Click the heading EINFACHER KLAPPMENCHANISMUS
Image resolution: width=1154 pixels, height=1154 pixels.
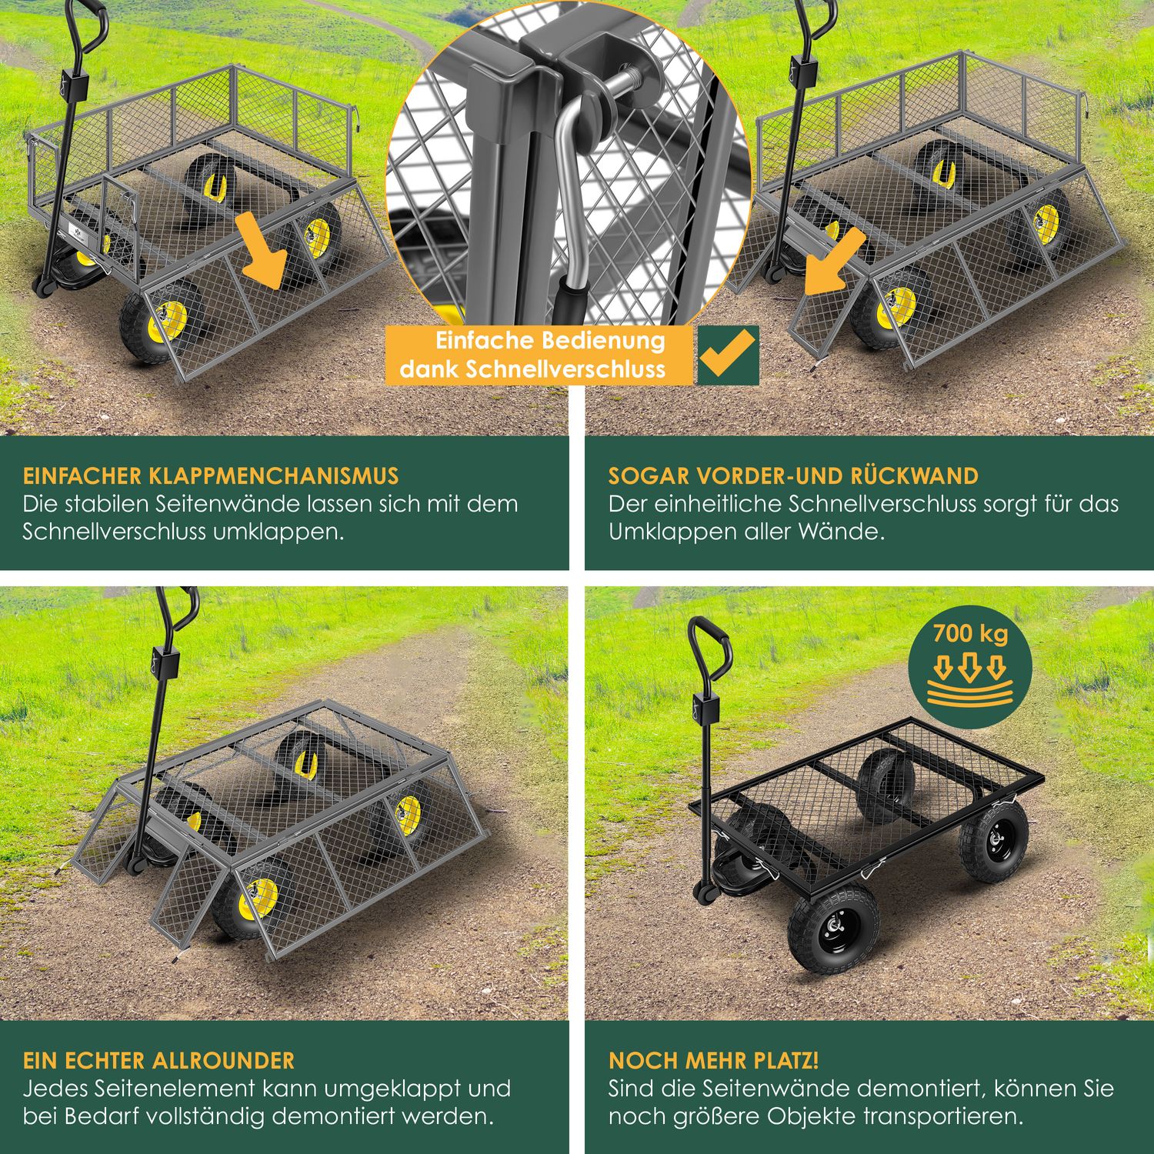click(211, 475)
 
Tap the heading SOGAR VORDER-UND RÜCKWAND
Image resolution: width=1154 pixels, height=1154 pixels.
click(793, 475)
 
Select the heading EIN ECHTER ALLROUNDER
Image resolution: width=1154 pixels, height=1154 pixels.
click(158, 1060)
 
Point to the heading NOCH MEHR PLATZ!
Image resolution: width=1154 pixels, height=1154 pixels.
click(714, 1060)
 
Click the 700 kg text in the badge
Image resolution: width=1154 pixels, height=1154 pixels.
click(970, 634)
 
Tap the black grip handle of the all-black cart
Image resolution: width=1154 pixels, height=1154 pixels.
click(709, 645)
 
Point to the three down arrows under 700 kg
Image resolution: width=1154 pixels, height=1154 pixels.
click(969, 666)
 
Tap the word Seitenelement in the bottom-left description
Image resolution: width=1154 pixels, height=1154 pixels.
click(172, 1089)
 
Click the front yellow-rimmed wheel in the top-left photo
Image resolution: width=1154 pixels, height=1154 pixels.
click(163, 322)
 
